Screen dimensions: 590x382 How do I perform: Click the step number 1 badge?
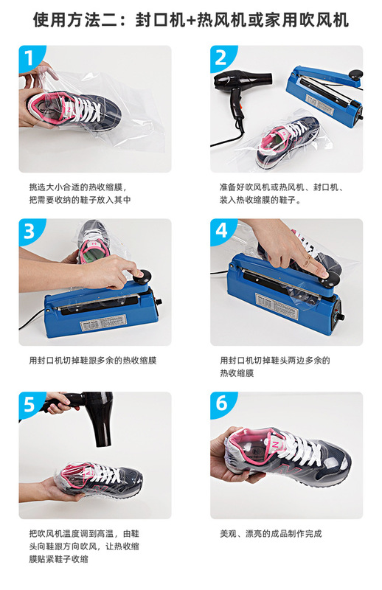pyautogui.click(x=29, y=57)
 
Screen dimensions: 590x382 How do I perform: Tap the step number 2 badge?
pyautogui.click(x=221, y=57)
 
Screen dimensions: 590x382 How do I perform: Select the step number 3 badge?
pyautogui.click(x=29, y=230)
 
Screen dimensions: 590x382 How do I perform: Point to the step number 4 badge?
pyautogui.click(x=221, y=230)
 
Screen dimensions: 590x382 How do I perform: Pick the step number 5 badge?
pyautogui.click(x=29, y=403)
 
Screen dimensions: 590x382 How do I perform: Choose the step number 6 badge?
pyautogui.click(x=221, y=403)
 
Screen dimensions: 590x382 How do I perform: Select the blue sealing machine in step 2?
pyautogui.click(x=324, y=92)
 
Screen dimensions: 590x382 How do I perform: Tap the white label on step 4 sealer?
pyautogui.click(x=277, y=301)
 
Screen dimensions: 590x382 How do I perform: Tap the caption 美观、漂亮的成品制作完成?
pyautogui.click(x=271, y=533)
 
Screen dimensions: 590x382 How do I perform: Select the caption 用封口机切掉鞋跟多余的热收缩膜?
pyautogui.click(x=92, y=361)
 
